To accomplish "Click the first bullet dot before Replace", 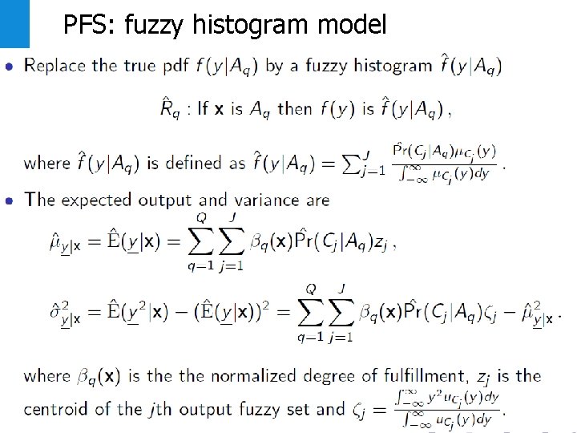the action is (9, 66).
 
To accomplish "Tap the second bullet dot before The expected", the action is (9, 200).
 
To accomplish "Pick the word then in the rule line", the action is (293, 109).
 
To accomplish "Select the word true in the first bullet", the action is (141, 66).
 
